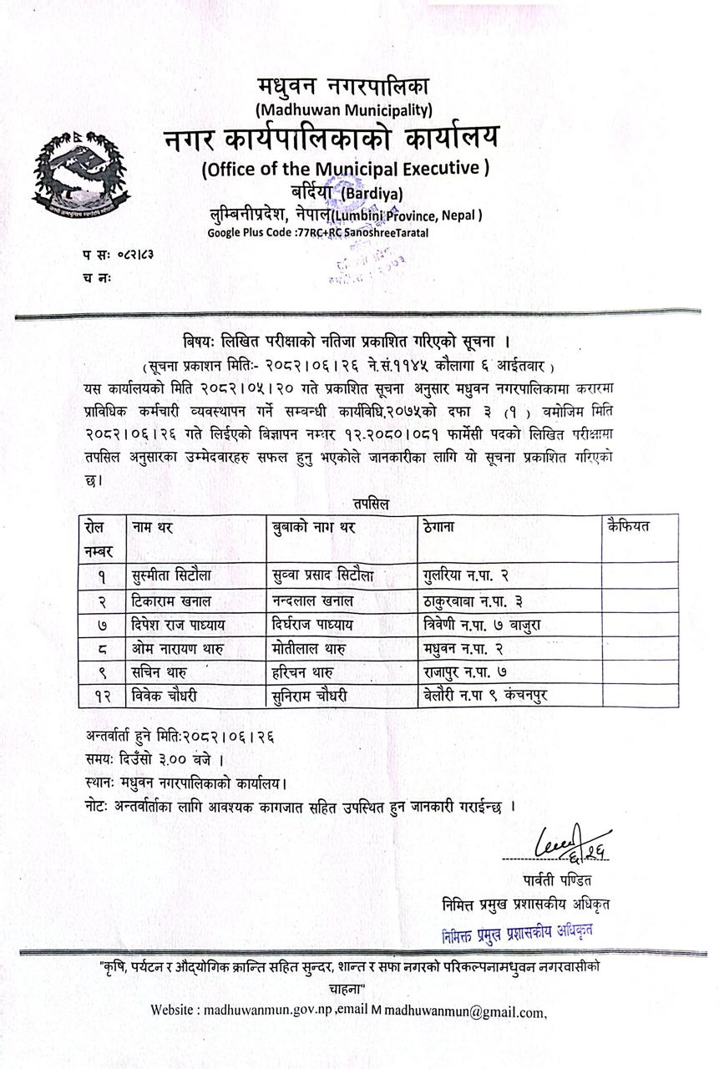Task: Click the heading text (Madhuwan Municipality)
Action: pyautogui.click(x=344, y=109)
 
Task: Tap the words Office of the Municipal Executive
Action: pyautogui.click(x=345, y=168)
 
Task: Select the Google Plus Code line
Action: pyautogui.click(x=317, y=232)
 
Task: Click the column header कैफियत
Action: pyautogui.click(x=630, y=526)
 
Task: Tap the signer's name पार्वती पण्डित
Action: pyautogui.click(x=553, y=880)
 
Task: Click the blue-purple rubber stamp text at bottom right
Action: pyautogui.click(x=518, y=931)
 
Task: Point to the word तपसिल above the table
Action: pyautogui.click(x=370, y=504)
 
